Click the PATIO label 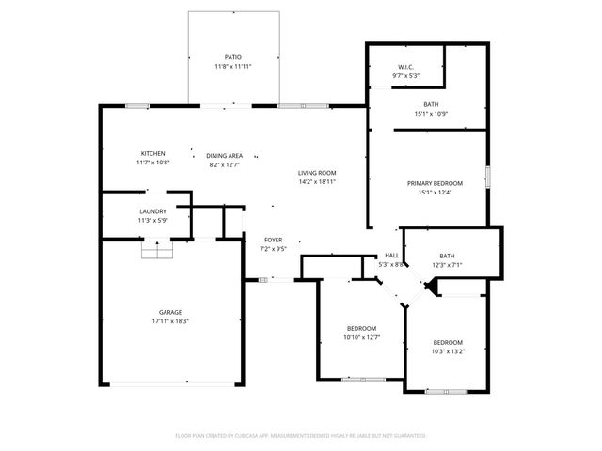click(233, 57)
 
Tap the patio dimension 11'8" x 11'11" click(233, 67)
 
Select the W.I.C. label click(406, 67)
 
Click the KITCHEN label click(153, 154)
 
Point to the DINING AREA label click(225, 155)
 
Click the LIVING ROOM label click(317, 173)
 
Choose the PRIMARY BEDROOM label click(435, 183)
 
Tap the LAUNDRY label click(153, 211)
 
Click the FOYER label click(273, 240)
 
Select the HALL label click(391, 256)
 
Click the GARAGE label click(169, 312)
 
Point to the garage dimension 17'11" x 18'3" click(169, 321)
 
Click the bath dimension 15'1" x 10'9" click(431, 114)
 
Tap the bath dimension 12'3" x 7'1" click(448, 265)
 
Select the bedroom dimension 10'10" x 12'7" click(361, 336)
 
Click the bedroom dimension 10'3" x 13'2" click(448, 351)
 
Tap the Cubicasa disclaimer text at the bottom click(301, 436)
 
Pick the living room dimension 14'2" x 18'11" click(317, 182)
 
